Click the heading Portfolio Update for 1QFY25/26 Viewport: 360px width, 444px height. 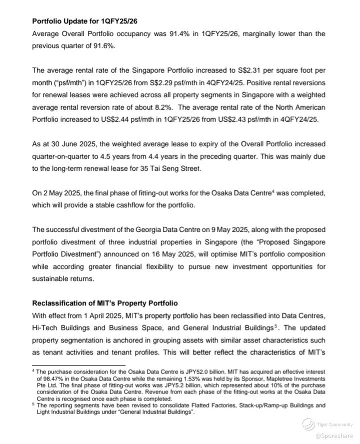84,21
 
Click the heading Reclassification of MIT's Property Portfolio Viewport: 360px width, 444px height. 105,303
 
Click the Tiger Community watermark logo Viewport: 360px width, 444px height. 308,424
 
